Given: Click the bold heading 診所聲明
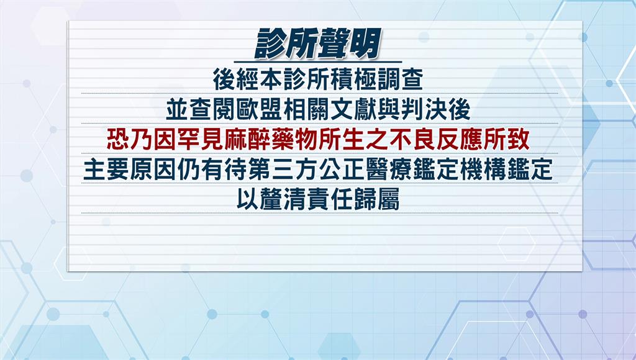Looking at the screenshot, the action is [x=318, y=43].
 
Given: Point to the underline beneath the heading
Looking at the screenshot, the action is [x=318, y=62].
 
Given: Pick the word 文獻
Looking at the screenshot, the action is [x=353, y=109].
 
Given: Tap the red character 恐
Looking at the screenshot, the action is [x=117, y=140].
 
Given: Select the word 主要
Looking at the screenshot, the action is [x=106, y=170].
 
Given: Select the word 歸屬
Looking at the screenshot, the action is [x=377, y=200].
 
